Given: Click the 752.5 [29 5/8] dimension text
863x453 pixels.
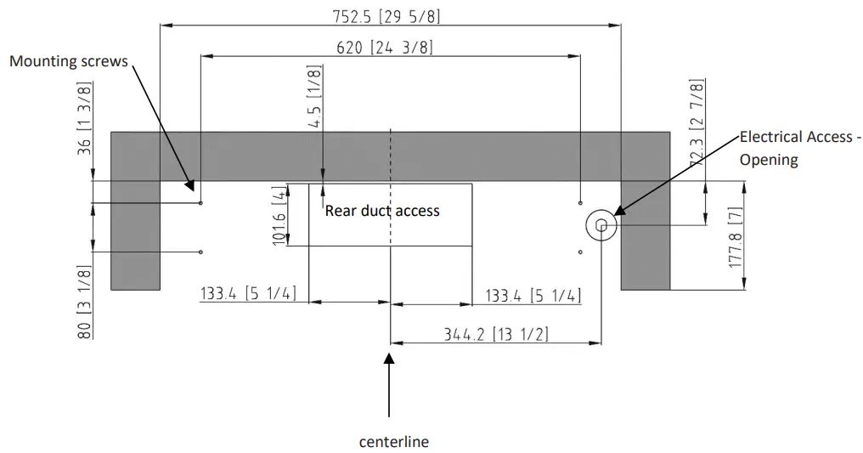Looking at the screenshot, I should [387, 15].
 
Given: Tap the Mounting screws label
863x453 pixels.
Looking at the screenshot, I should [69, 61].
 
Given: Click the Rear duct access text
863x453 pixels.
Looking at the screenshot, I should [382, 210].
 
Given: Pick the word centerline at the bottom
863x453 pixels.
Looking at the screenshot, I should [393, 441].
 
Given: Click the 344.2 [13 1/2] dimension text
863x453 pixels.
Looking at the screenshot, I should [495, 334].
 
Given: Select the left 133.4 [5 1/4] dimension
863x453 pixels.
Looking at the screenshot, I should [247, 295].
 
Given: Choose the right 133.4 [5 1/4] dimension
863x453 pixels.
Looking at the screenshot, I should [533, 295].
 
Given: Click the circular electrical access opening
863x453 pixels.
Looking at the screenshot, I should [601, 225].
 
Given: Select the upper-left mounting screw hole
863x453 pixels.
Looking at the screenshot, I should [200, 203].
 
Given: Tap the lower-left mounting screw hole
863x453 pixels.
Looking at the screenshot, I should [200, 252].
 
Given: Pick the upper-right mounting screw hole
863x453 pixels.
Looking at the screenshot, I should [580, 203].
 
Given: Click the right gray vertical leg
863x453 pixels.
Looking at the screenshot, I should [645, 255].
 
